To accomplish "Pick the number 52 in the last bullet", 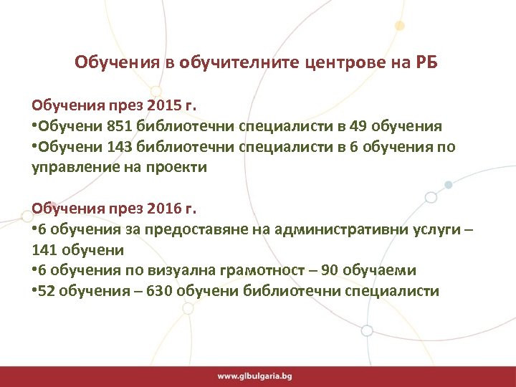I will [x=49, y=292].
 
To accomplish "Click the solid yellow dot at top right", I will [x=400, y=26].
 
